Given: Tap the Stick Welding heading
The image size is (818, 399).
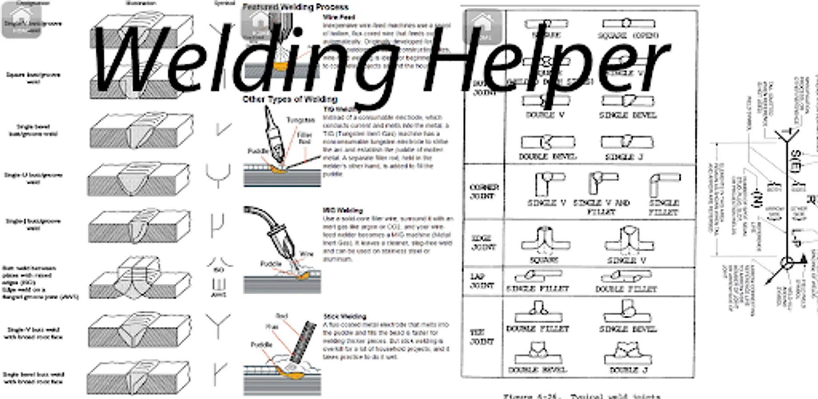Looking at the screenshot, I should click(344, 317).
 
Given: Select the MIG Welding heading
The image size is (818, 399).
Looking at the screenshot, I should click(343, 211).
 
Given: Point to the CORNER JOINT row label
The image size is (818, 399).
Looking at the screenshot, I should click(483, 192).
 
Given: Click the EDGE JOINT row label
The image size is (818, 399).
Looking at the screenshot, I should click(483, 243).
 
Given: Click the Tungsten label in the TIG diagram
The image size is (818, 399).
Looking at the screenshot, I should click(300, 120).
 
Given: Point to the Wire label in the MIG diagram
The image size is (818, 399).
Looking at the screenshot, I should click(306, 254).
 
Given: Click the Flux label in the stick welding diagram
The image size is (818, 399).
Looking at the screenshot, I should click(272, 327).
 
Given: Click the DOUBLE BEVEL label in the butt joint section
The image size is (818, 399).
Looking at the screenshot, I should click(547, 157).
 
